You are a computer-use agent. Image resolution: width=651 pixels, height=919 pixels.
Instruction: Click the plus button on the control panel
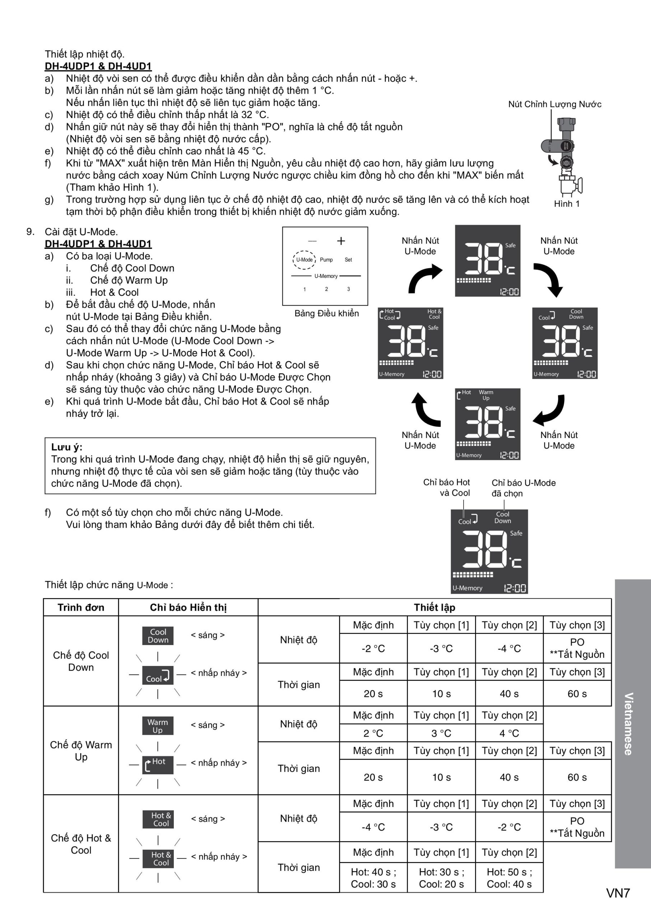341,241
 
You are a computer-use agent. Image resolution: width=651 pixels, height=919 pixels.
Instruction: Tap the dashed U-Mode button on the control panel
304,260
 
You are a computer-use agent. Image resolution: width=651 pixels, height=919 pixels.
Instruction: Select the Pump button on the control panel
326,260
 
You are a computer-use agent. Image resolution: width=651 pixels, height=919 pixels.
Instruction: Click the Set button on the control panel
348,260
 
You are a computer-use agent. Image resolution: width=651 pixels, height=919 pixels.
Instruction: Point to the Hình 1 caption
566,204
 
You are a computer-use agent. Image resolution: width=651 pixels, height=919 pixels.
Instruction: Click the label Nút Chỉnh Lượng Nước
554,104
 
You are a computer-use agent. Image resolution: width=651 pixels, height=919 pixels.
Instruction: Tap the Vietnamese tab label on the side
628,724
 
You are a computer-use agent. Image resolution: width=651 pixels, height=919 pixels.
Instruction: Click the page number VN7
618,893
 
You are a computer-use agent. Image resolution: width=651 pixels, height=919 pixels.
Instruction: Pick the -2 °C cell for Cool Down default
373,648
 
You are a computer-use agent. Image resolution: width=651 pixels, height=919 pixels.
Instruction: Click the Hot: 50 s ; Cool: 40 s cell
509,878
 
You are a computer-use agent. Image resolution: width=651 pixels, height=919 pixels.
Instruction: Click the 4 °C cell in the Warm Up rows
509,733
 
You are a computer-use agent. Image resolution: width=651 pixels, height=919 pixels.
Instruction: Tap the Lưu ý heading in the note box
66,447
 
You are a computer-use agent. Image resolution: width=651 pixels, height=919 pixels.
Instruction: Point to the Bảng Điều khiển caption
327,313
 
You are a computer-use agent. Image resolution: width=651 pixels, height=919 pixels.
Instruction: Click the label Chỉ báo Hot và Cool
447,488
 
